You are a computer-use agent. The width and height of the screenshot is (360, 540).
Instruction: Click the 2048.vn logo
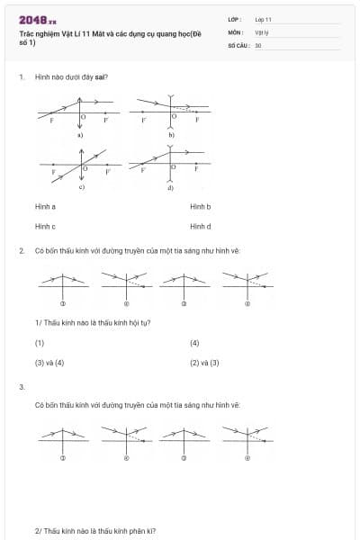(x=37, y=19)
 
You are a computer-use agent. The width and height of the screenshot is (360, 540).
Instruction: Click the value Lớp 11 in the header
(x=263, y=19)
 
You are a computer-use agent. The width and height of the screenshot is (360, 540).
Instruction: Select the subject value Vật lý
(x=261, y=31)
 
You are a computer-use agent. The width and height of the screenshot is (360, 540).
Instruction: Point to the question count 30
(x=258, y=44)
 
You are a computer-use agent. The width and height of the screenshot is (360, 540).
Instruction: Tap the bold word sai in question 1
(x=101, y=78)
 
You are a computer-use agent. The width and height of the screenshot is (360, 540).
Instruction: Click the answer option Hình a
(x=45, y=206)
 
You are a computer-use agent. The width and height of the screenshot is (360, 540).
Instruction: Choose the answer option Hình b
(x=200, y=206)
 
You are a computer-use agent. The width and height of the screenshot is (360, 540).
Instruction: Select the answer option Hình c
(x=45, y=226)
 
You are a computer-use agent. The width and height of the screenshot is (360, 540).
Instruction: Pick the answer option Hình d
(x=200, y=226)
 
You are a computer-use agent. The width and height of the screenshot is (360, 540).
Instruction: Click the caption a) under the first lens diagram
(x=80, y=134)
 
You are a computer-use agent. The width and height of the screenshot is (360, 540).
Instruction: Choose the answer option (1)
(x=40, y=343)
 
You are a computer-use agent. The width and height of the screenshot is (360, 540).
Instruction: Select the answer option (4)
(x=194, y=343)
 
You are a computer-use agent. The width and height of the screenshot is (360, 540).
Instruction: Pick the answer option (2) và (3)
(x=204, y=363)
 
